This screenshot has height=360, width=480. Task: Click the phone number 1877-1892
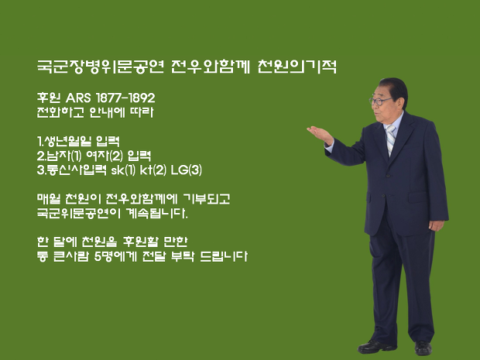click(x=125, y=98)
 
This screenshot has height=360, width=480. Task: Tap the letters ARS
click(x=78, y=98)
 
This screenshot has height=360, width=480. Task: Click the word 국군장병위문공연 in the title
click(x=101, y=67)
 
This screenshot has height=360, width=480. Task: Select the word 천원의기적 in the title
click(x=297, y=67)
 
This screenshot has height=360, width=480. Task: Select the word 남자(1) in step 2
click(x=63, y=156)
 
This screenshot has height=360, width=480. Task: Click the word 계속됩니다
click(x=156, y=213)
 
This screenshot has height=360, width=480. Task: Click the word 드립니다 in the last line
click(x=224, y=256)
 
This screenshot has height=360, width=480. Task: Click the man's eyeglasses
click(x=379, y=101)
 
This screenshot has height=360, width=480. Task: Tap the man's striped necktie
click(x=390, y=139)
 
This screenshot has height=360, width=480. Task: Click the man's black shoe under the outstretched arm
click(x=376, y=347)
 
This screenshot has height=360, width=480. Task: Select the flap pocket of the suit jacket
click(x=417, y=197)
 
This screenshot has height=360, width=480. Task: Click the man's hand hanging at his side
click(x=436, y=225)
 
